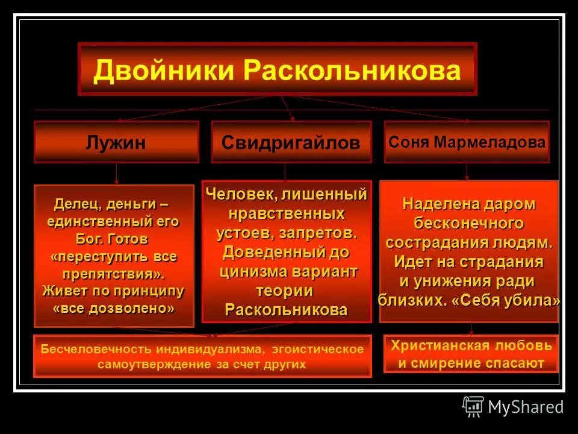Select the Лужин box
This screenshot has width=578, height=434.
point(116,142)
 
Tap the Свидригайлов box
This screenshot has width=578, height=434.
point(291,142)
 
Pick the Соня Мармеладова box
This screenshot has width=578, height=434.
point(467,142)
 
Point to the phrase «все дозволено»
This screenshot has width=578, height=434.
point(114,308)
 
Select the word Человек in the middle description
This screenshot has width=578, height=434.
point(240,195)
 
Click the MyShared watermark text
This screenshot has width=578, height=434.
point(526,407)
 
